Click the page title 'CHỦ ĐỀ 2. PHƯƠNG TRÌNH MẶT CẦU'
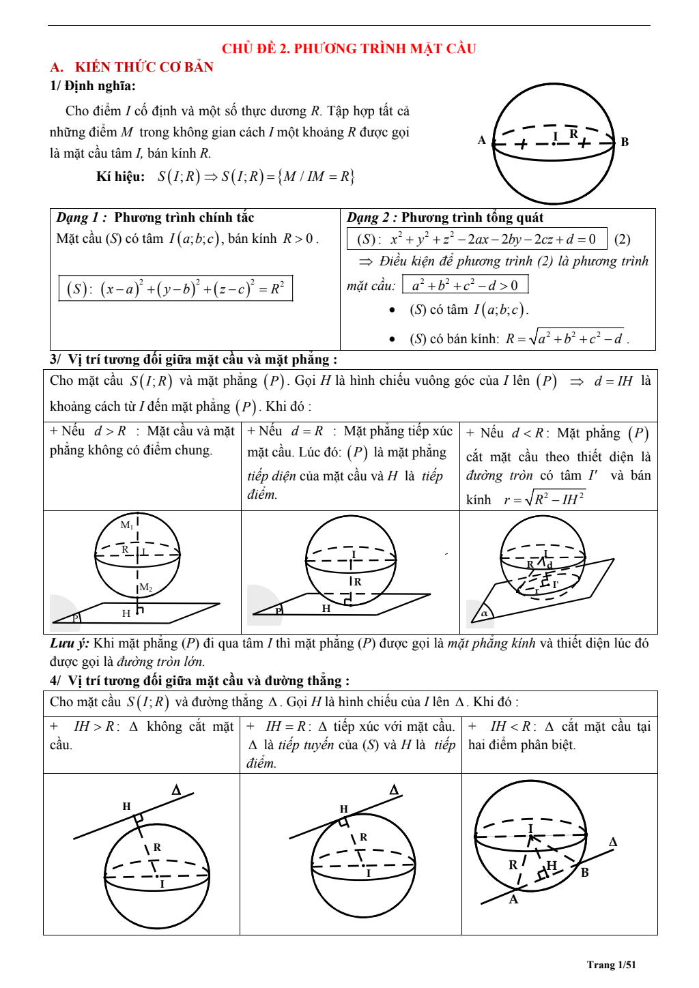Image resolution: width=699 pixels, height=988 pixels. pyautogui.click(x=349, y=48)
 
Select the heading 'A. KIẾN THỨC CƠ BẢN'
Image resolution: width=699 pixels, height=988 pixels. pyautogui.click(x=132, y=67)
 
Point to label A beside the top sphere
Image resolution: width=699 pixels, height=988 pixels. pyautogui.click(x=482, y=141)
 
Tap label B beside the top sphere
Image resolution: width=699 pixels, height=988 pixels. pyautogui.click(x=625, y=142)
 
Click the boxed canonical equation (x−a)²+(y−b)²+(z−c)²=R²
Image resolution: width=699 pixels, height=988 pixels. pyautogui.click(x=175, y=288)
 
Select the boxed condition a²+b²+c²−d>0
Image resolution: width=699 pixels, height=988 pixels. pyautogui.click(x=465, y=285)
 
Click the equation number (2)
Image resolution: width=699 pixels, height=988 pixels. pyautogui.click(x=622, y=239)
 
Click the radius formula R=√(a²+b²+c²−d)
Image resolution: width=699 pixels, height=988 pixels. pyautogui.click(x=565, y=338)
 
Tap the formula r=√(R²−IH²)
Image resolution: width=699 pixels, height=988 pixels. pyautogui.click(x=544, y=499)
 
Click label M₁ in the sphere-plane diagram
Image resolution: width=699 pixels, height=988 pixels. pyautogui.click(x=127, y=525)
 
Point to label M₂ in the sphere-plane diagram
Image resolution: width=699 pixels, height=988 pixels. pyautogui.click(x=145, y=587)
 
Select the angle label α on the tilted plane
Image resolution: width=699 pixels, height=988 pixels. pyautogui.click(x=484, y=613)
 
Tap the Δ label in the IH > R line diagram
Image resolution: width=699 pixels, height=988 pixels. pyautogui.click(x=176, y=790)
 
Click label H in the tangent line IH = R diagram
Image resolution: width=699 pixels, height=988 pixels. pyautogui.click(x=343, y=809)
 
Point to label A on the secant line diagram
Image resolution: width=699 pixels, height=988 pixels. pyautogui.click(x=513, y=899)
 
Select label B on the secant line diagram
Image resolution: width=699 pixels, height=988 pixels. pyautogui.click(x=584, y=872)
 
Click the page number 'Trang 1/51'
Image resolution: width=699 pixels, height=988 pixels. pyautogui.click(x=611, y=964)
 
